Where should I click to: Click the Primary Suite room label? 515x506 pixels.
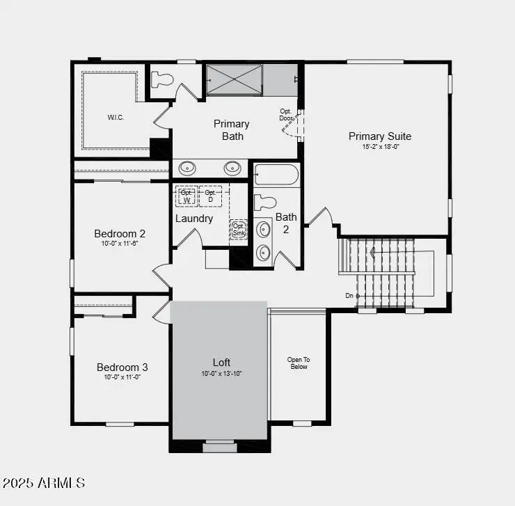379,136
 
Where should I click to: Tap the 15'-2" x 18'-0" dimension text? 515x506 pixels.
379,147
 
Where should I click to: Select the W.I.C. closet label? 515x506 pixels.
115,117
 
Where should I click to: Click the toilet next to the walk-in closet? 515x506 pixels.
162,79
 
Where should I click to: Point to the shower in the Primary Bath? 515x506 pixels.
235,80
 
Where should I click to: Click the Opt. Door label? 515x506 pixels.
286,114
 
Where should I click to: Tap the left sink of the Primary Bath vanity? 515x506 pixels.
187,168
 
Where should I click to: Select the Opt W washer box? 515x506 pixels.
186,196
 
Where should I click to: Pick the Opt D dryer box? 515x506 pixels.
209,196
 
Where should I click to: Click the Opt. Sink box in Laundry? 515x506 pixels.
238,229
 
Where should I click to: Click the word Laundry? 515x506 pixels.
193,219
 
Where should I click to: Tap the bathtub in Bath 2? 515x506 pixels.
276,174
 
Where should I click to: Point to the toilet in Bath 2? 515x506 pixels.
265,203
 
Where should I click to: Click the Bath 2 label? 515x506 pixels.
285,223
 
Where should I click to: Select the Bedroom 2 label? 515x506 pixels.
120,234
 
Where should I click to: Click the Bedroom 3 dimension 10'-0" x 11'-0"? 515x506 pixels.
122,377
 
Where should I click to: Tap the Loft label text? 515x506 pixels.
221,363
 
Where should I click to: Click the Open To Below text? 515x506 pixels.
298,363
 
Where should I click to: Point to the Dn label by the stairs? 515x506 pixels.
349,296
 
